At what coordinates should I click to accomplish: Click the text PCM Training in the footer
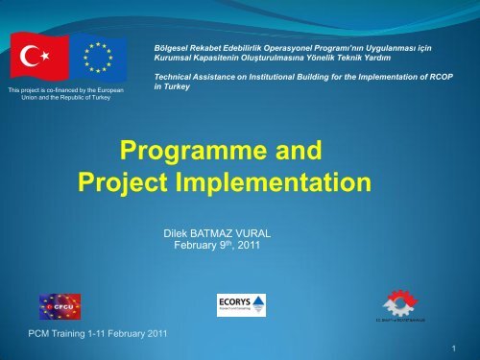click(56, 333)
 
